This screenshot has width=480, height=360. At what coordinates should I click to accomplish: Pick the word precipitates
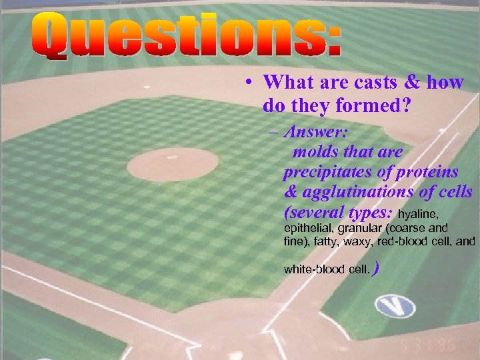[325, 172]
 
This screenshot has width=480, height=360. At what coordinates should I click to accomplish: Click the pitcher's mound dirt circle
[173, 164]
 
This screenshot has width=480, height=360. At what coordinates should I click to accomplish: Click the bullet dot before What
[247, 83]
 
